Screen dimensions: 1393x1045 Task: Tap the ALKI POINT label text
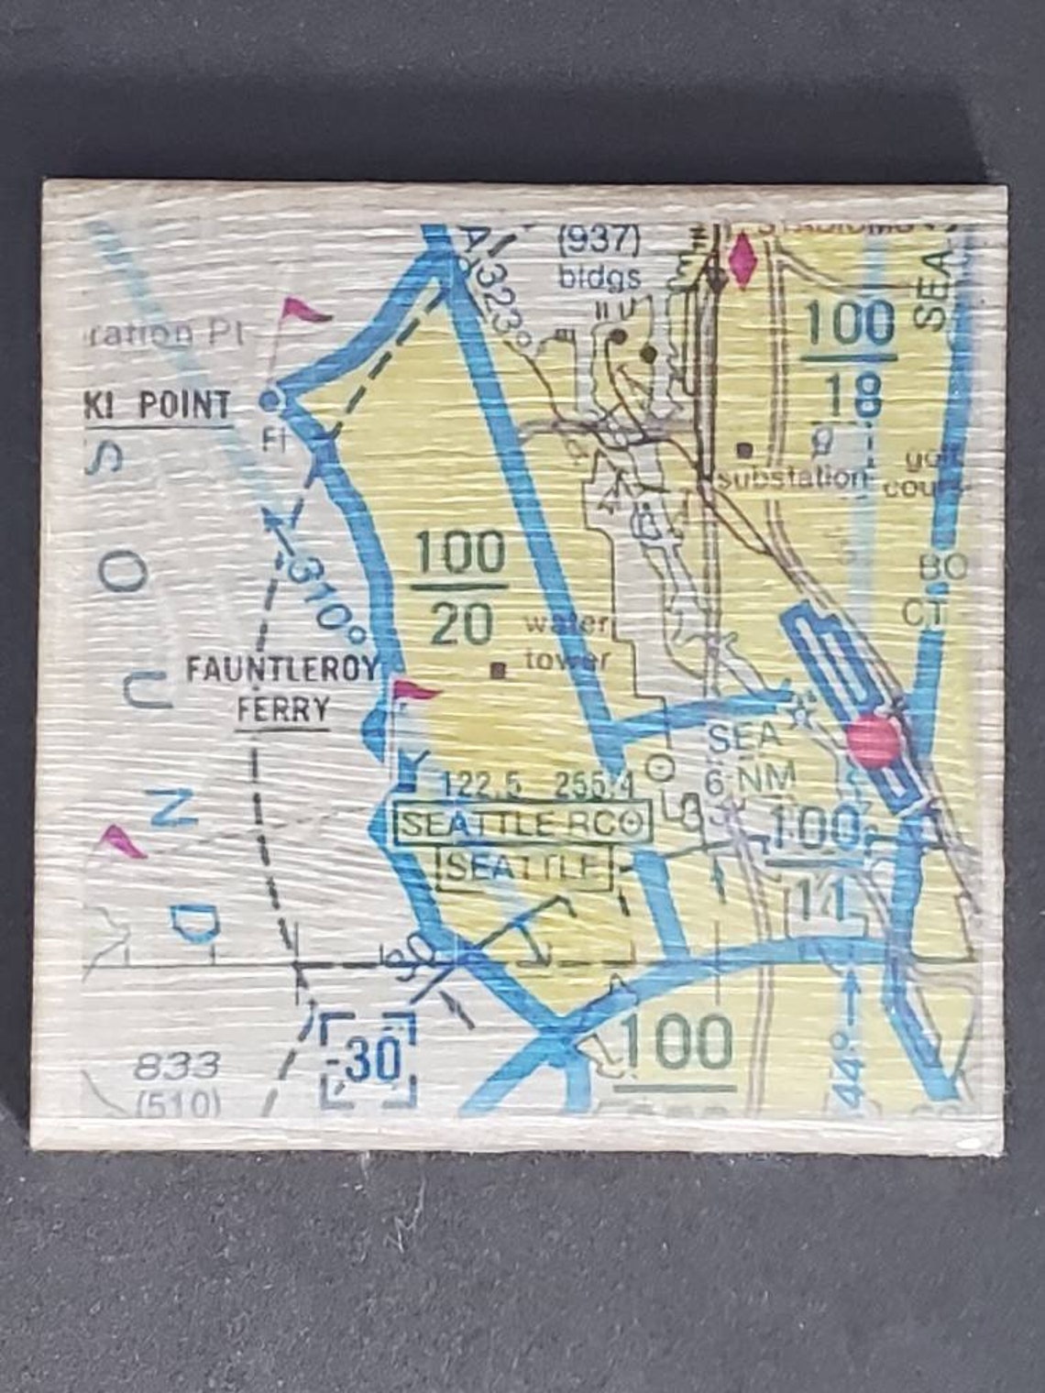[157, 405]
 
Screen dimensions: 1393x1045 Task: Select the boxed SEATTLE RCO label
[520, 823]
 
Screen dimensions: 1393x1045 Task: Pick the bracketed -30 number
[369, 1058]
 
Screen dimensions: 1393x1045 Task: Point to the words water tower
[565, 642]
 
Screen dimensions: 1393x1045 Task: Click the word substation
[793, 477]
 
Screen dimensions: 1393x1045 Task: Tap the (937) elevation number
[599, 242]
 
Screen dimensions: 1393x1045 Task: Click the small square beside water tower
[499, 670]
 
